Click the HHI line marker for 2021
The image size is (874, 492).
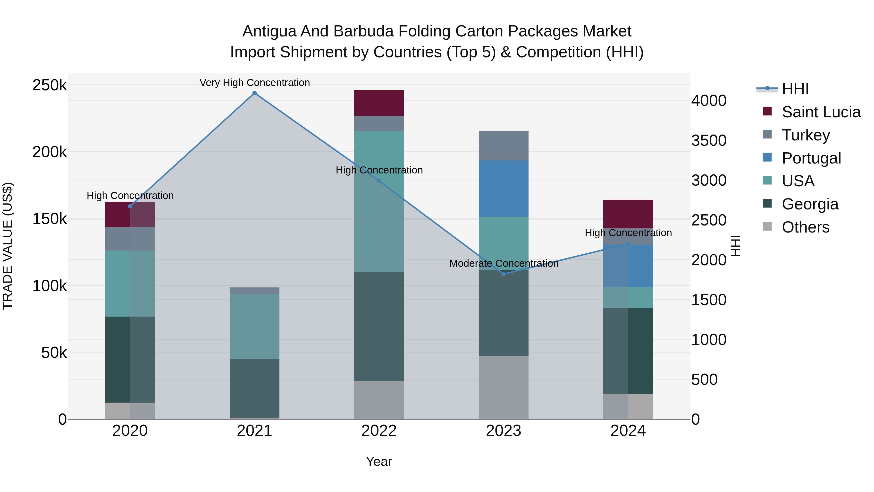(254, 93)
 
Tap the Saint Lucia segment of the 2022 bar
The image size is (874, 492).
(379, 103)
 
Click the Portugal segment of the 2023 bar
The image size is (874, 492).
(504, 189)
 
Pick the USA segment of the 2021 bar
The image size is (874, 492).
(254, 326)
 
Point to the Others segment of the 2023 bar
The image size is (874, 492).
(504, 388)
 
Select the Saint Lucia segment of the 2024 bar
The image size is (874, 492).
(628, 214)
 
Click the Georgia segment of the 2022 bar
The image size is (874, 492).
(379, 326)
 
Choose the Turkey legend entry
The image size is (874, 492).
(806, 135)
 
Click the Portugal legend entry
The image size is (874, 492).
(811, 158)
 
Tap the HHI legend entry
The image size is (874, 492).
(795, 89)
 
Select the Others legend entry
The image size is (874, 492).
(805, 227)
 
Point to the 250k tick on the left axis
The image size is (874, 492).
(50, 85)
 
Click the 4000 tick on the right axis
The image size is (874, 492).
(709, 101)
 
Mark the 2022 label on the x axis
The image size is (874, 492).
(379, 431)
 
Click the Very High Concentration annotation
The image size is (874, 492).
(254, 83)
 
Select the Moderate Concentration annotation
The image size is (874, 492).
(504, 263)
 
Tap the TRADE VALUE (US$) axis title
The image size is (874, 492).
(8, 246)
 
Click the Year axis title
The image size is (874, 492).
(379, 461)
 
